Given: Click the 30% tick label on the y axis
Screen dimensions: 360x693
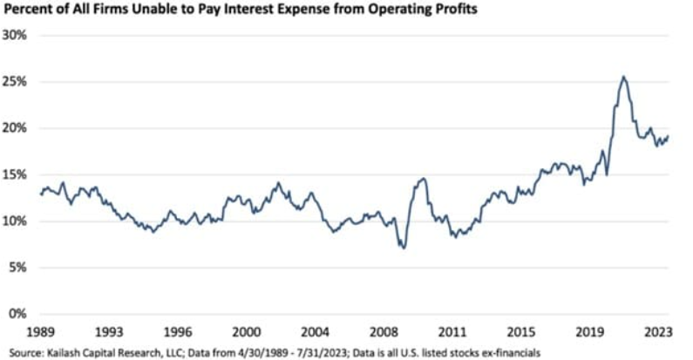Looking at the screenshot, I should (x=16, y=35).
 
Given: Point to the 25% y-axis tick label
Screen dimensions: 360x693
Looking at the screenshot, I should (x=16, y=81).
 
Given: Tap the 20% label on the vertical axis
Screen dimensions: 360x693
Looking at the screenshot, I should (x=16, y=128).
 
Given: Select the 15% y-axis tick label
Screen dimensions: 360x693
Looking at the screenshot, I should (x=16, y=174).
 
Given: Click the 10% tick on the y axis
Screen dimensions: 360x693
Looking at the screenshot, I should (x=16, y=221).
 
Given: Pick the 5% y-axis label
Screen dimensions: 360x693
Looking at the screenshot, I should (x=19, y=268).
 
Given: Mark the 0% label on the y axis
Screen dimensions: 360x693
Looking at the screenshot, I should (x=19, y=314).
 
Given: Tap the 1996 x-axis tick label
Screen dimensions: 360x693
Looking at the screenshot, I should (x=177, y=331).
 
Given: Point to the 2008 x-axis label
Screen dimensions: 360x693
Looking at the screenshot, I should (x=383, y=331).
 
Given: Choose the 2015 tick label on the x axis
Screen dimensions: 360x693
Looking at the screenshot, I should (x=520, y=331).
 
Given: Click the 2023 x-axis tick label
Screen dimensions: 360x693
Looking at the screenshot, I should (x=657, y=331).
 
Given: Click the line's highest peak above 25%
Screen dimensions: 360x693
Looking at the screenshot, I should (x=623, y=77).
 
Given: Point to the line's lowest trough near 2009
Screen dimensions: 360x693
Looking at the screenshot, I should (x=403, y=248).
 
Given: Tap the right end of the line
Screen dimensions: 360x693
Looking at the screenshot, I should (x=669, y=135).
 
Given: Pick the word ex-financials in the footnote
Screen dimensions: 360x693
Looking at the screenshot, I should (x=506, y=351).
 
